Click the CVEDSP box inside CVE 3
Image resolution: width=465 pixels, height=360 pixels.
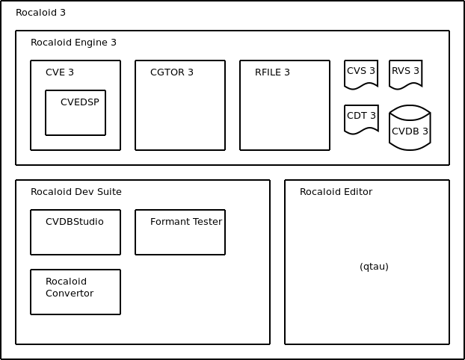[x=76, y=113]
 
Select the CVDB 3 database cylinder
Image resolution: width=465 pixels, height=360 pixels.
[x=410, y=128]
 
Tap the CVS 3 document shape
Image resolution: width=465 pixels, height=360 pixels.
[x=361, y=75]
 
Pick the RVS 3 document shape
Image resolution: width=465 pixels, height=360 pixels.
[x=405, y=75]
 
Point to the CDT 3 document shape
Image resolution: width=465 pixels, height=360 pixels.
[x=361, y=120]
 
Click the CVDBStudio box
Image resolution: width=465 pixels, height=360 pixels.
[x=76, y=232]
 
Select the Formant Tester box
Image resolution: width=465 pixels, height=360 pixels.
[x=180, y=232]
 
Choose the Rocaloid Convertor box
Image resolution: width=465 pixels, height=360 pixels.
[x=76, y=292]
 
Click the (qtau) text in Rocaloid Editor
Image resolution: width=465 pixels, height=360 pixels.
[x=374, y=267]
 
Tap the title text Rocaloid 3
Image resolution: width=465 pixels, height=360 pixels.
[x=40, y=13]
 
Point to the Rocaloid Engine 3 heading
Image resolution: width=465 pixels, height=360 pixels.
[x=73, y=43]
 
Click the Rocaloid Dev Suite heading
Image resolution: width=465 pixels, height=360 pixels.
[x=76, y=192]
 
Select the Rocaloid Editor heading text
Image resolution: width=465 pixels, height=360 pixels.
[x=336, y=192]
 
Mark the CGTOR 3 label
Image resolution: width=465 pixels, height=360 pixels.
[x=172, y=72]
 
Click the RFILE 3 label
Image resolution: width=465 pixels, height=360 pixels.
[x=272, y=72]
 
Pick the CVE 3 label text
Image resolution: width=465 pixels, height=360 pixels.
[x=60, y=72]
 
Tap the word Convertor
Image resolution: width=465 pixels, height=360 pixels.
[x=70, y=294]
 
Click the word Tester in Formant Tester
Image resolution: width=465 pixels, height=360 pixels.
[x=208, y=222]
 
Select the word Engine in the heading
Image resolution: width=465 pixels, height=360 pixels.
[x=91, y=43]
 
